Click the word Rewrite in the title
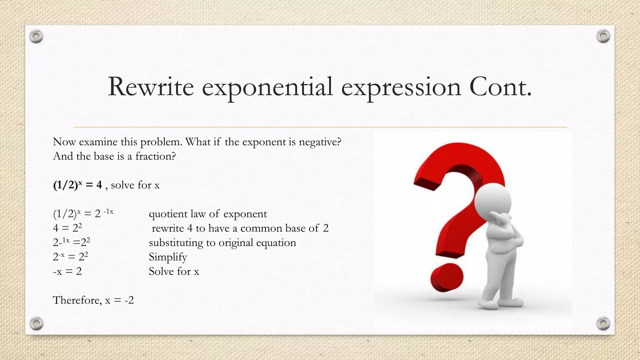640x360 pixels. (150, 87)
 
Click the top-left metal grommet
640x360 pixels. (36, 37)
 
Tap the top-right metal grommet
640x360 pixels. (603, 37)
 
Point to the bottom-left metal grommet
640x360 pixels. (36, 323)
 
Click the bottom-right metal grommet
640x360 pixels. (603, 323)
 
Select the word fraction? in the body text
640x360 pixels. (155, 156)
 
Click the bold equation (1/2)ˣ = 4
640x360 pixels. (77, 185)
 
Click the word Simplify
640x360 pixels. (168, 257)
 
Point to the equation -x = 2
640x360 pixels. (67, 271)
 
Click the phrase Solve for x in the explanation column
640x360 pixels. (174, 271)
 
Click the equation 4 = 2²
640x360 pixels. (67, 228)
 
